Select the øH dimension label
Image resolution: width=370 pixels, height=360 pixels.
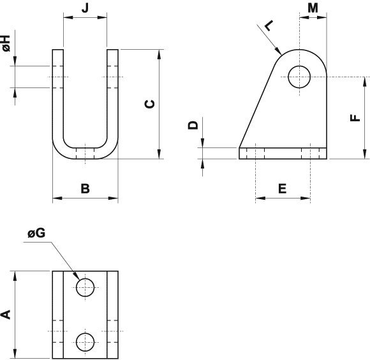click(x=6, y=44)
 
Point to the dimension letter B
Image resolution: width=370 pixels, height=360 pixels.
click(x=85, y=188)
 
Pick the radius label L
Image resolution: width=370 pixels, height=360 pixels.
click(x=268, y=25)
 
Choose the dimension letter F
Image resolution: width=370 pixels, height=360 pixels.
click(x=355, y=117)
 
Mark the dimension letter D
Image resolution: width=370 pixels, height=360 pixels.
click(x=193, y=126)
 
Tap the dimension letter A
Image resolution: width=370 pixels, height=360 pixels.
click(x=6, y=314)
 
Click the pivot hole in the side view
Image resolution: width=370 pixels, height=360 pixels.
click(x=299, y=77)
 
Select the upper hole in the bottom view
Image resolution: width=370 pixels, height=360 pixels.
click(x=85, y=287)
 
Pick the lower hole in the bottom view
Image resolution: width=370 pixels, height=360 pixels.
click(x=85, y=341)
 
